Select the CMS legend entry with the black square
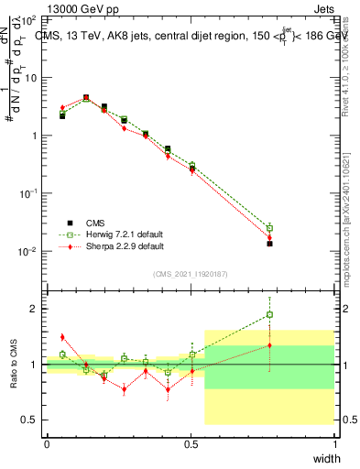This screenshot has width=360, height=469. tap(94, 221)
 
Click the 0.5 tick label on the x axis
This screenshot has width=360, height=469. tap(191, 442)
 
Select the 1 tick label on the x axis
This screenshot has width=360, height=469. tap(334, 442)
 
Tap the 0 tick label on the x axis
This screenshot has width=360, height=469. tap(47, 442)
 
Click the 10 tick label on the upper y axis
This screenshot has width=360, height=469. tap(30, 77)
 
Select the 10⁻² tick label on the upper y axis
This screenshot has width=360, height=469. tap(28, 251)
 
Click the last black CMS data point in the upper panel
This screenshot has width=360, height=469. tap(269, 244)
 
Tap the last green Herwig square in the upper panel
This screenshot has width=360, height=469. tap(269, 227)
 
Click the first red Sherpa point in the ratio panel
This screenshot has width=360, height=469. tap(62, 337)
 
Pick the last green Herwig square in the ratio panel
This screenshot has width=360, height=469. tap(269, 315)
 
